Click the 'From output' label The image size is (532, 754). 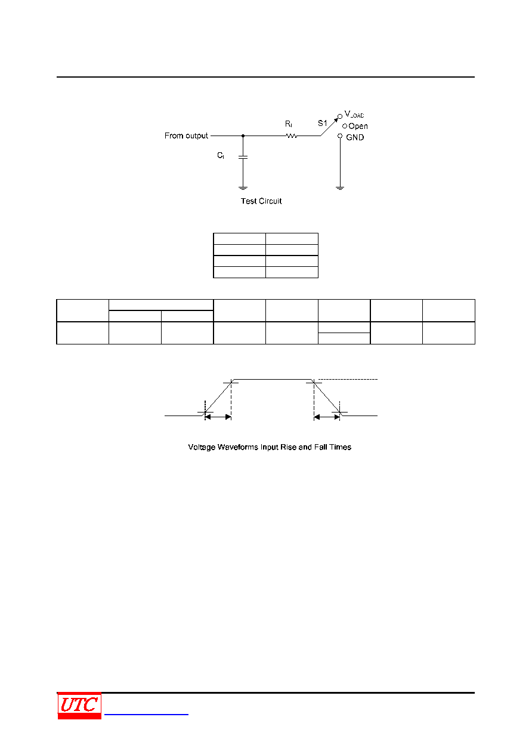pos(186,136)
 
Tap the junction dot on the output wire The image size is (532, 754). pos(243,136)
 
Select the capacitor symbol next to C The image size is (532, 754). pos(243,157)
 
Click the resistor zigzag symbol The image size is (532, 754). pos(291,136)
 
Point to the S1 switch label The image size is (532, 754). pos(322,123)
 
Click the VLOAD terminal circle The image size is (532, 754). pos(339,116)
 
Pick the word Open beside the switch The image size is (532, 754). pos(358,126)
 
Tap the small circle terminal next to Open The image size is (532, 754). pos(344,126)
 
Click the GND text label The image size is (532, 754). pos(355,137)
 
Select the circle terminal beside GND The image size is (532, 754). pos(339,136)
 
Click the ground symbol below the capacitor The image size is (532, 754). pos(243,188)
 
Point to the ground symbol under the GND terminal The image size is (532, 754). pos(339,188)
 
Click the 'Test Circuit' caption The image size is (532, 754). pos(261,201)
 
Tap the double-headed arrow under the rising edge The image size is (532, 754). pos(218,417)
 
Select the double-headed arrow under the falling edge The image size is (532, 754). pos(326,417)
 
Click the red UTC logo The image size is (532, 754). pos(79,706)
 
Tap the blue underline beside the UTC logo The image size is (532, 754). pos(146,714)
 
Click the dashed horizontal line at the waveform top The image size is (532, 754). pos(348,379)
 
